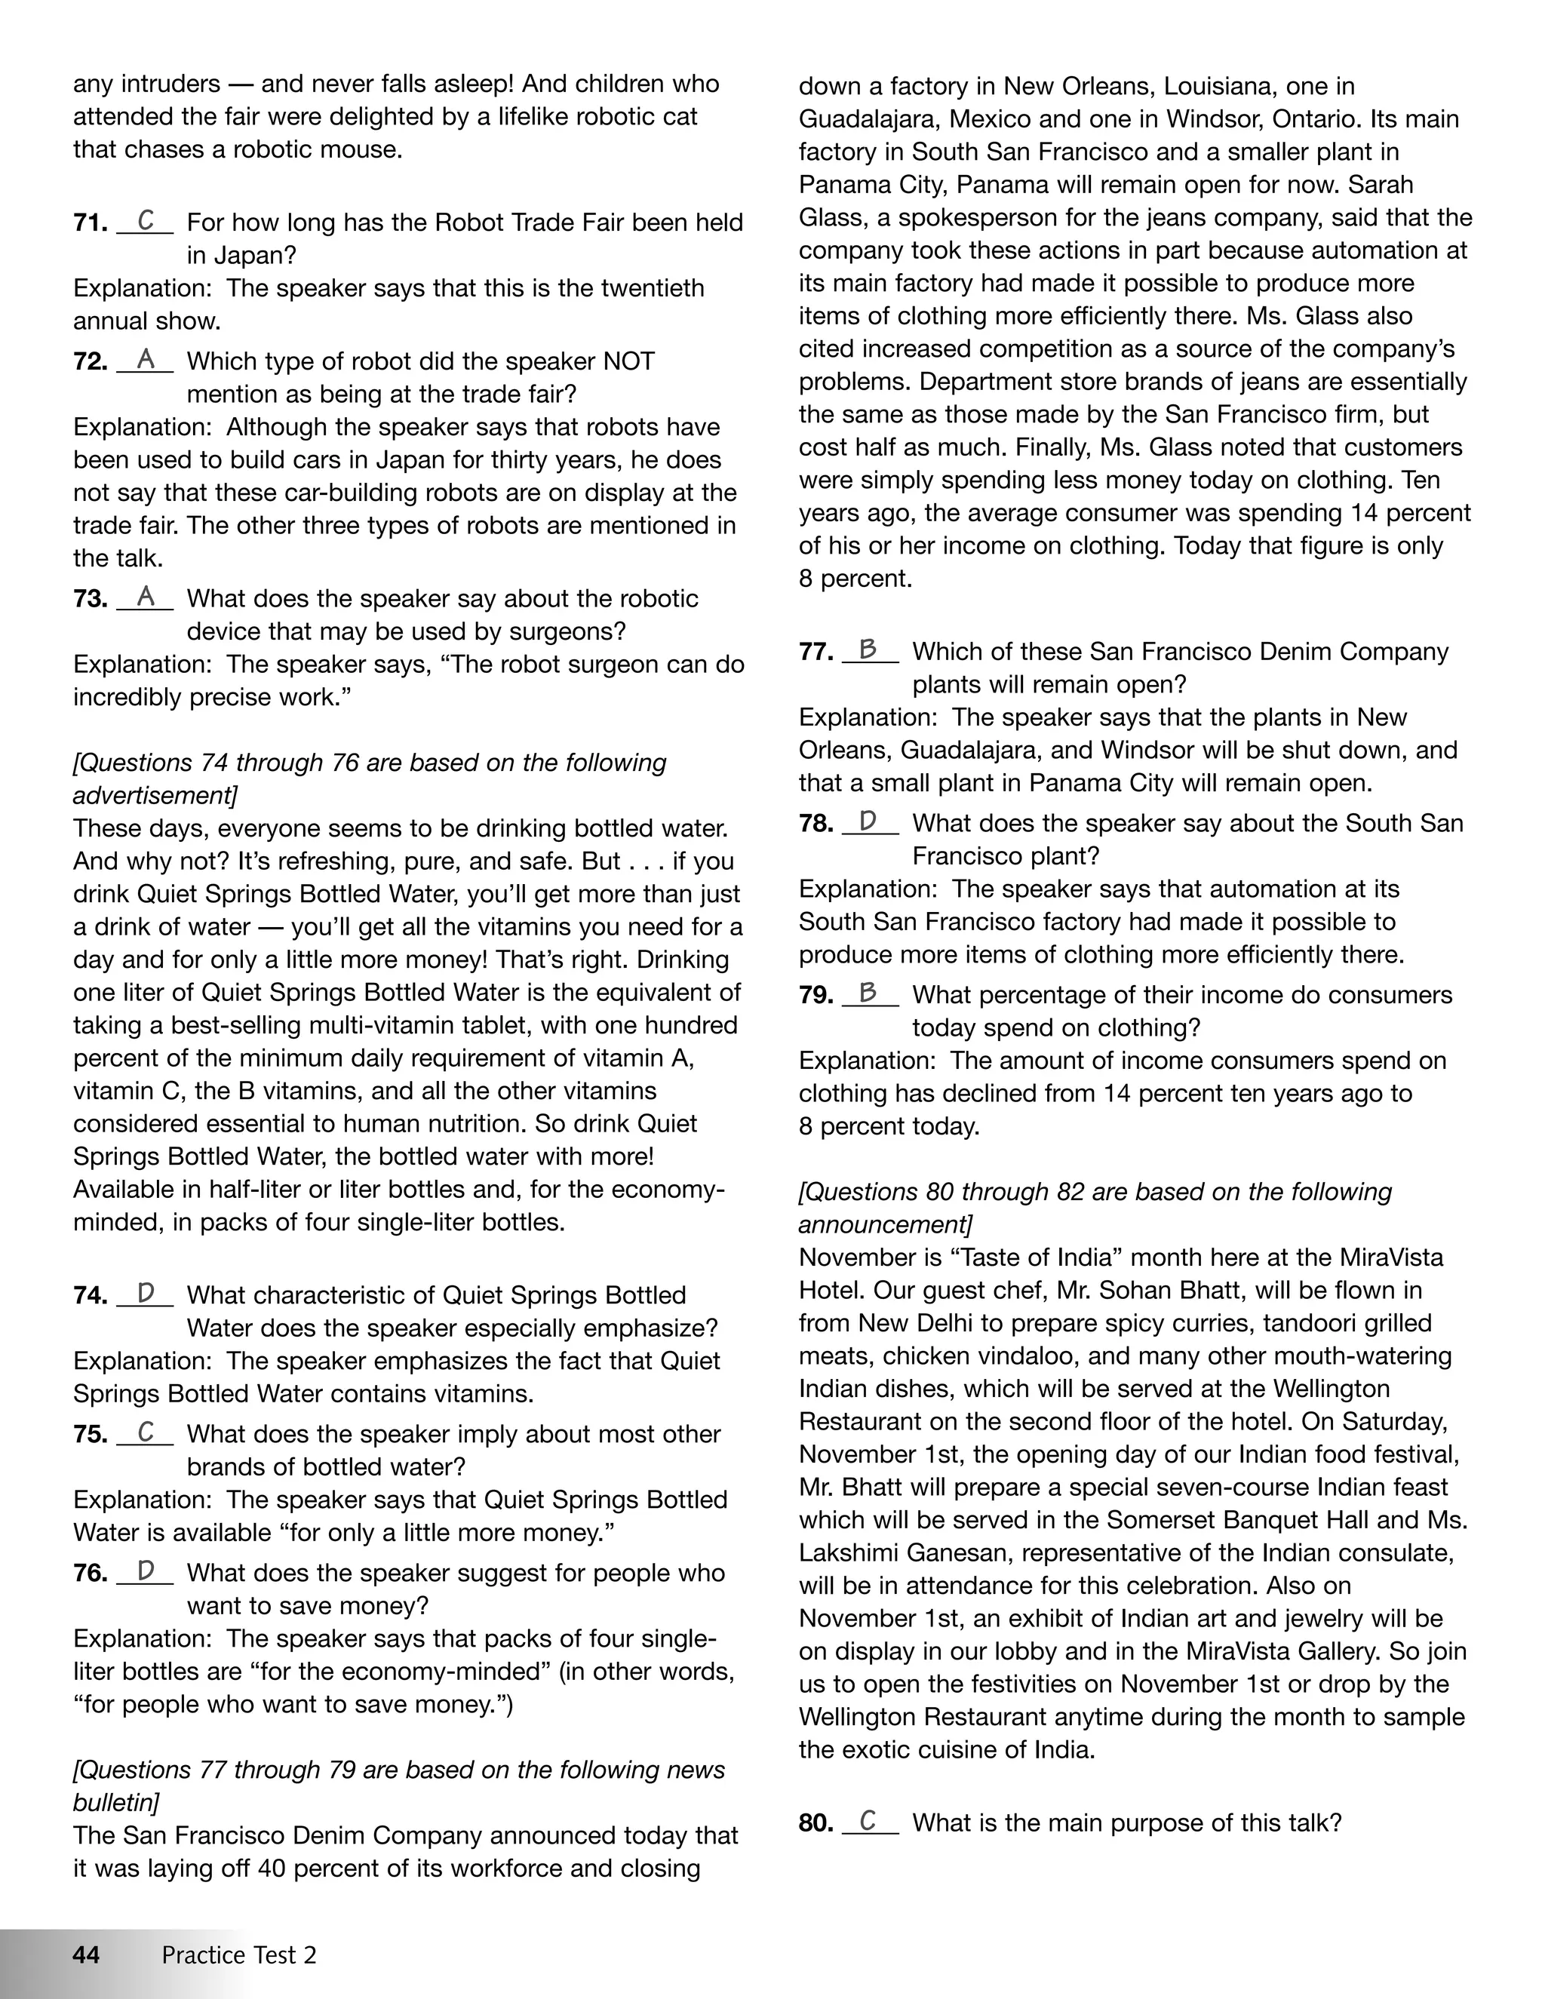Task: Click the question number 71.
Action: point(91,223)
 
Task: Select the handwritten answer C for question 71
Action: point(146,220)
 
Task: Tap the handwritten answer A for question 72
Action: point(146,359)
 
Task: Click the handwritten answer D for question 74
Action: point(146,1293)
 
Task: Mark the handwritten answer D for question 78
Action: point(868,821)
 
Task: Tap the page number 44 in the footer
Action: point(86,1955)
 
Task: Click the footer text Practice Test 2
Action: point(239,1955)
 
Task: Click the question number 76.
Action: point(91,1574)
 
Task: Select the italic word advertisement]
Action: point(155,795)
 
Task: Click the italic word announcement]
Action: point(885,1224)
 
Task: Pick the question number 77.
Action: point(816,652)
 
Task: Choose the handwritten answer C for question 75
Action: point(146,1432)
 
